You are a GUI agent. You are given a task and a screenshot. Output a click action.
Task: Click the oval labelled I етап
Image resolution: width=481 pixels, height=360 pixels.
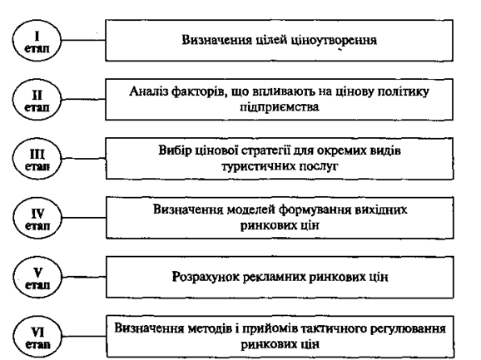37,41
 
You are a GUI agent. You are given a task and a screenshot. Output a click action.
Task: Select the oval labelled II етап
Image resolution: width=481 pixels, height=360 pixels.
37,99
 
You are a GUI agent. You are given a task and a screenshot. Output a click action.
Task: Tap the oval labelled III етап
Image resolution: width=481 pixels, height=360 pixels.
37,159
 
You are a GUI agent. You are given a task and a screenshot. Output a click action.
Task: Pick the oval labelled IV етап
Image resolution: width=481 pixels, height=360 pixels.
37,218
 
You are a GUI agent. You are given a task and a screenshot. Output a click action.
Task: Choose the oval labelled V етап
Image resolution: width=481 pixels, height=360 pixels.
37,277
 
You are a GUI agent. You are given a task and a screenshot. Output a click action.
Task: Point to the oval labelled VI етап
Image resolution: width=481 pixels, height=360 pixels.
37,337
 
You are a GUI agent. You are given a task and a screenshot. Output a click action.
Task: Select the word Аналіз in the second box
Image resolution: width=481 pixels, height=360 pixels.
148,91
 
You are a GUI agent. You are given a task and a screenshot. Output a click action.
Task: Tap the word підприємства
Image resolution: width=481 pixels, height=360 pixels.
279,107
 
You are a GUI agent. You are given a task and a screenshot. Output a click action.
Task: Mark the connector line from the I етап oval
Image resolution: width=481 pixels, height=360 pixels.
83,40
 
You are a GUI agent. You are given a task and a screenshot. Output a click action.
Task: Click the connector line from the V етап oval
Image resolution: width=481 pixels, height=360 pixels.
84,277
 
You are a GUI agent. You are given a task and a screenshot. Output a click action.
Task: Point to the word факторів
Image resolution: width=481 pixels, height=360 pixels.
200,91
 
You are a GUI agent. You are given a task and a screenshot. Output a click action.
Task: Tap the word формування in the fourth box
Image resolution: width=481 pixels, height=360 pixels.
315,210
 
